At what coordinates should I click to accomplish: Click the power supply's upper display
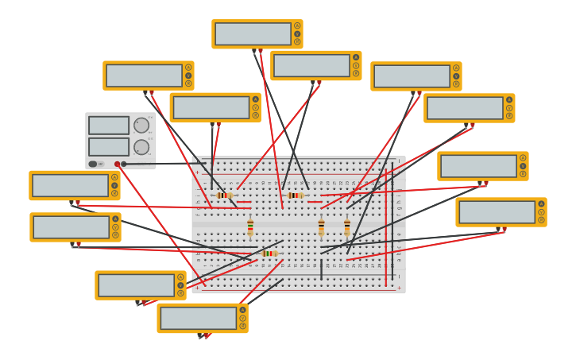coord(109,125)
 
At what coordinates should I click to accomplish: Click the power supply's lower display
coord(109,147)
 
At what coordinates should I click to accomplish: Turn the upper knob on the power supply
coord(141,125)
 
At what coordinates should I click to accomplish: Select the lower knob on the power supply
coord(141,147)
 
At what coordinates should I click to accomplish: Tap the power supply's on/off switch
coord(93,164)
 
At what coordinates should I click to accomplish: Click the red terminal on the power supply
coord(117,164)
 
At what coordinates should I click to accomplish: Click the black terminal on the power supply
coord(124,164)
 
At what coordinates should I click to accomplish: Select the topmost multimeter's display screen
coord(253,33)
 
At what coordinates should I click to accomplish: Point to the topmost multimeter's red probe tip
coord(261,51)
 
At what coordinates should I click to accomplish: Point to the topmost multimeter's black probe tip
coord(254,51)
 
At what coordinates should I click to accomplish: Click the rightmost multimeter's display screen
coord(497,212)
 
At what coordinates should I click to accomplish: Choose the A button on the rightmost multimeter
coord(541,203)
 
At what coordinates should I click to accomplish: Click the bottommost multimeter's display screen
coord(198,318)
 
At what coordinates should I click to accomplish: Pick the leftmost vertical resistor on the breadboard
coord(250,227)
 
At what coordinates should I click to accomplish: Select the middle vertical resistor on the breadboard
coord(321,227)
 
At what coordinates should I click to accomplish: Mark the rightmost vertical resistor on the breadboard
coord(347,227)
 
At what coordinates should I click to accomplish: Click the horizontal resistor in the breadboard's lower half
coord(270,254)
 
